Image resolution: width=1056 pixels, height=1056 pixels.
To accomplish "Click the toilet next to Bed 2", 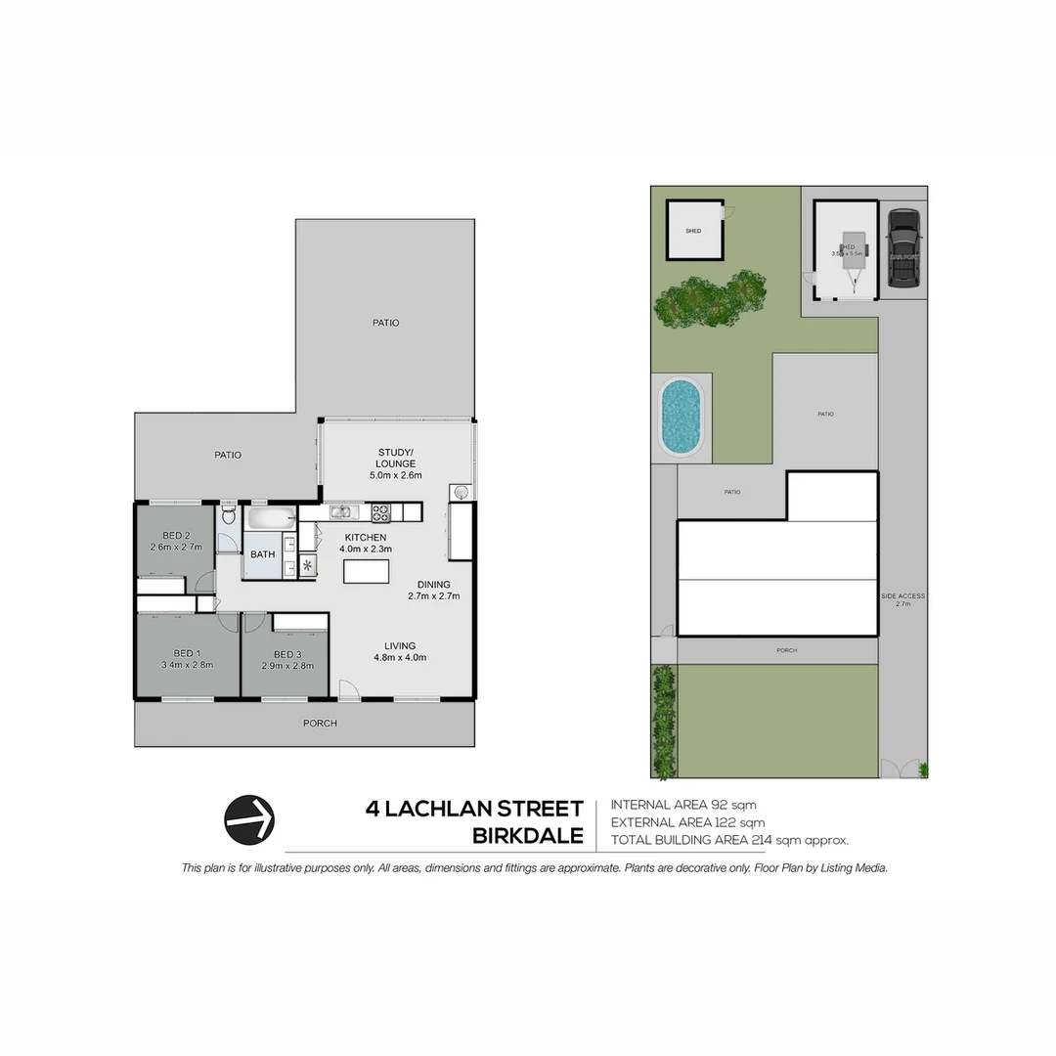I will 229,514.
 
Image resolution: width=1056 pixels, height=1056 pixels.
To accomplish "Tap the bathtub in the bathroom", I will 270,518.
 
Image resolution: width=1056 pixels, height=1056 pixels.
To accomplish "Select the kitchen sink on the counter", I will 340,511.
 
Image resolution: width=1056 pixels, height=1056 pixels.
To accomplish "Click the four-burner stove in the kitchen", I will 380,511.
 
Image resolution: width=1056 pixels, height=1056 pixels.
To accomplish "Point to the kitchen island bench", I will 366,571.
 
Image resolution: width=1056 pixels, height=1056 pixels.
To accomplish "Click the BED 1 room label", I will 188,654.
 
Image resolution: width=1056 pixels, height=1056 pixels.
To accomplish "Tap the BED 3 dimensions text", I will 287,666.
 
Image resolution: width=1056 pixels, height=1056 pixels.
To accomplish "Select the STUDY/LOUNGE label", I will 396,457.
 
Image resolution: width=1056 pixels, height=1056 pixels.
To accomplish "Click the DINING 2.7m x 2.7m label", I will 433,590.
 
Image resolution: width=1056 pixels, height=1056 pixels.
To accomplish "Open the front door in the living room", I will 347,690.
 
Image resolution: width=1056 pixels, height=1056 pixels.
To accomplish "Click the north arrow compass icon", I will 249,819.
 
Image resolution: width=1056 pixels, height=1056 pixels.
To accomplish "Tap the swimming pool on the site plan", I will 681,417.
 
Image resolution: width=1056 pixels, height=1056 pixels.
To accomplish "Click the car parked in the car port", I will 903,248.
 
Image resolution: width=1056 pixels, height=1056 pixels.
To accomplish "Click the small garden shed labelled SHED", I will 693,231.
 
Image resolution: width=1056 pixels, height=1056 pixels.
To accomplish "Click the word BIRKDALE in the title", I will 527,837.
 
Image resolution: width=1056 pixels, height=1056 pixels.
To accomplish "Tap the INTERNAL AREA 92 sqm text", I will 682,805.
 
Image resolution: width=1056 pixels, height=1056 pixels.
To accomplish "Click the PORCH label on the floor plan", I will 320,724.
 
